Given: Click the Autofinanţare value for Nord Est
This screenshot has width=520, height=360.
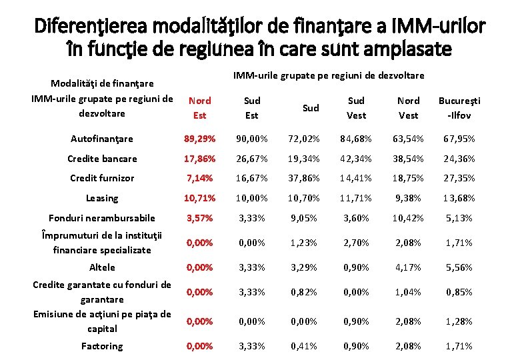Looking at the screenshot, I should (x=199, y=139).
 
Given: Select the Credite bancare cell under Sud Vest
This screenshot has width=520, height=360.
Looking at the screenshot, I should (x=356, y=159).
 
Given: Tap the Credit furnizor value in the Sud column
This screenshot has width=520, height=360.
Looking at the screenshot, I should (x=304, y=178).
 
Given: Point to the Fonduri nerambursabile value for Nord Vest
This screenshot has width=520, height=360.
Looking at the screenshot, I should (x=408, y=218).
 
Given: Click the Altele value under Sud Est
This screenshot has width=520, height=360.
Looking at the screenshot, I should (x=252, y=267).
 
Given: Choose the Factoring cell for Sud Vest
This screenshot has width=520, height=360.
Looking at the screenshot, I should (x=356, y=346).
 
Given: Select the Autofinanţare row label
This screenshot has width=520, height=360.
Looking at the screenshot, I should (x=102, y=139).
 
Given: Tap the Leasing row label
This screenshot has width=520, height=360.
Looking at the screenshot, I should (x=102, y=198).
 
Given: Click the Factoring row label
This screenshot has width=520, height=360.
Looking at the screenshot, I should (x=102, y=346).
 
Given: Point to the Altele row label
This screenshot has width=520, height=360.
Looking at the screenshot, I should (x=102, y=267).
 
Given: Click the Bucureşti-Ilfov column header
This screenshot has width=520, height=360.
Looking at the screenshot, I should (x=459, y=108).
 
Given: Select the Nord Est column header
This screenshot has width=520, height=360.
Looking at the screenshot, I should (x=199, y=108).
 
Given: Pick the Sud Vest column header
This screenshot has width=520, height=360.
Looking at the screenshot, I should (x=356, y=108).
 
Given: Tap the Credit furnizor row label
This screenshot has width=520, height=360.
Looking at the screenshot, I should (x=102, y=178).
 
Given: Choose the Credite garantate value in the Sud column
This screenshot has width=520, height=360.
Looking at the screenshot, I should (x=304, y=292).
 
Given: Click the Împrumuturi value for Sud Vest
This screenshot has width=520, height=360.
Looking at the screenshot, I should (x=356, y=243).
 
